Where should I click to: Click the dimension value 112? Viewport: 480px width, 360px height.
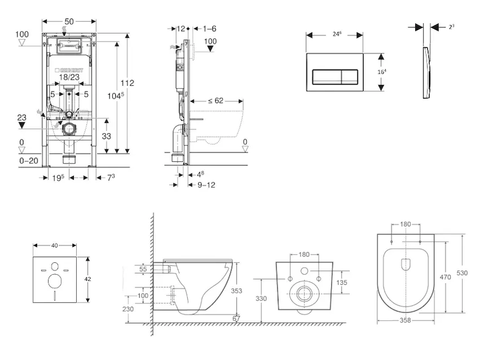[127, 83]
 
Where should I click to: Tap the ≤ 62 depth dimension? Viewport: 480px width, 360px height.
[215, 101]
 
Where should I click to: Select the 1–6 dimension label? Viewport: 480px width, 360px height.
[209, 28]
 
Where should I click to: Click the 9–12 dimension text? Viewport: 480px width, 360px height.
[206, 185]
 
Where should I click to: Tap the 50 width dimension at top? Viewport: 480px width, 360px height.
[69, 21]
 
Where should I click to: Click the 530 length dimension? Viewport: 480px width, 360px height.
[462, 273]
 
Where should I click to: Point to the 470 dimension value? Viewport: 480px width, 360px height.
[444, 278]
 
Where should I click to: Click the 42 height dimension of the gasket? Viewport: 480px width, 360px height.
[88, 279]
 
